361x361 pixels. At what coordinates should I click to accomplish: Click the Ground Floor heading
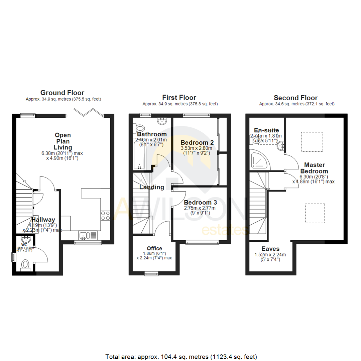pyautogui.click(x=62, y=93)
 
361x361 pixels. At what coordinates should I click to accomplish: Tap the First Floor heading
pyautogui.click(x=179, y=98)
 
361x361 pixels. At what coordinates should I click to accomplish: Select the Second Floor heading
pyautogui.click(x=295, y=98)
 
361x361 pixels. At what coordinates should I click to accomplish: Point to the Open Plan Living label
pyautogui.click(x=63, y=141)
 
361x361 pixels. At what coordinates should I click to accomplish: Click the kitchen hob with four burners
pyautogui.click(x=105, y=216)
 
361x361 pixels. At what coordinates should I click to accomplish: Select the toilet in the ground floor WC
pyautogui.click(x=25, y=265)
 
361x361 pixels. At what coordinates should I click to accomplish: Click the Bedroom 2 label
pyautogui.click(x=197, y=142)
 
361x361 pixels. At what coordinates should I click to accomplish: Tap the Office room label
pyautogui.click(x=154, y=248)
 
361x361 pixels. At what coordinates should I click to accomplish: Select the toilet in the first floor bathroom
pyautogui.click(x=139, y=128)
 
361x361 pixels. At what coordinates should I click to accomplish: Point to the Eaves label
pyautogui.click(x=271, y=249)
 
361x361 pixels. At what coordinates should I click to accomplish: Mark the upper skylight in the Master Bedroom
pyautogui.click(x=312, y=142)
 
